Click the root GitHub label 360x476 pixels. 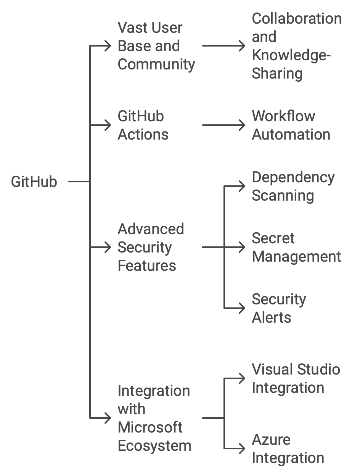pos(34,182)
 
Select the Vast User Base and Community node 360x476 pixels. pos(156,46)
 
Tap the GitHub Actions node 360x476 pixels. pos(143,126)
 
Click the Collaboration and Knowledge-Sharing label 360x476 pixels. pos(296,46)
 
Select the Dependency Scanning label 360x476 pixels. pos(293,187)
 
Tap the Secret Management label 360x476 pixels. pos(296,247)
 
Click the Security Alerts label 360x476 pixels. pos(279,308)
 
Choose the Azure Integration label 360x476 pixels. pos(288,449)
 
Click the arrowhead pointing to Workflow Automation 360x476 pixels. pos(242,125)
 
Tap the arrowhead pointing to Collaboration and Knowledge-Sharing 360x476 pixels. pos(242,46)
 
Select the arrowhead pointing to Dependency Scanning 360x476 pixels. pos(242,187)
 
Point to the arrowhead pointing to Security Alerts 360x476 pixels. pos(242,308)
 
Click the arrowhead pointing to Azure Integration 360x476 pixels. pos(242,449)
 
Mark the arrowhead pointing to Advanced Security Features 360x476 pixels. pos(108,247)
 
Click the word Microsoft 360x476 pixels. pos(150,427)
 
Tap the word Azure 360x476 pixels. pos(271,440)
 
